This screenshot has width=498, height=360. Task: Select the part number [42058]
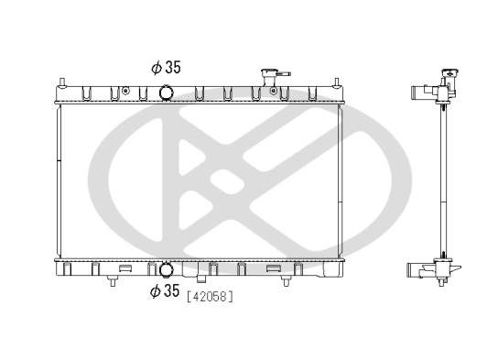coord(210,296)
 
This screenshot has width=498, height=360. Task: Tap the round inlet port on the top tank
coord(167,92)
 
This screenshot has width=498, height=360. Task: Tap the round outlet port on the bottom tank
coord(167,269)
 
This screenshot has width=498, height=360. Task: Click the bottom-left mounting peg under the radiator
coord(112,281)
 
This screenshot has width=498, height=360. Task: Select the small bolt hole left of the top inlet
coord(140,91)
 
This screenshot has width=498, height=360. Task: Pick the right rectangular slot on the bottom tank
coord(273,269)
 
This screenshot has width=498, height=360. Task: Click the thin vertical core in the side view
coord(443,183)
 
